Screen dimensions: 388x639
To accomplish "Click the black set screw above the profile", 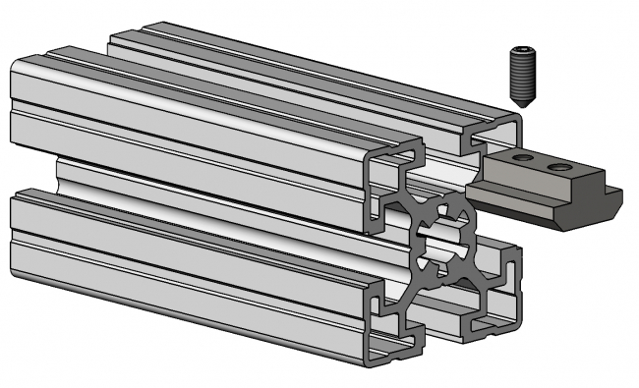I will pyautogui.click(x=522, y=74).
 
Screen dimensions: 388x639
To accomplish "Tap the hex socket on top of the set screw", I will pyautogui.click(x=521, y=50).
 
